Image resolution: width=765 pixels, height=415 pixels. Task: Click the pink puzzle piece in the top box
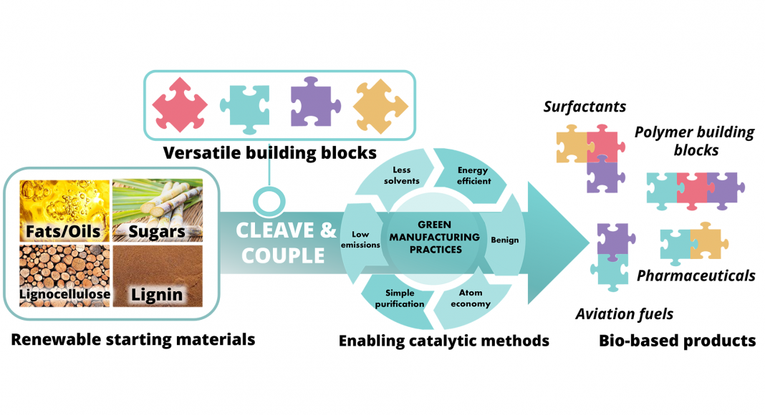(x=180, y=104)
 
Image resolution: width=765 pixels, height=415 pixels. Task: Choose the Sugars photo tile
(x=158, y=210)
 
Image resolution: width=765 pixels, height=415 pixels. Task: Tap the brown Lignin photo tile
(x=158, y=275)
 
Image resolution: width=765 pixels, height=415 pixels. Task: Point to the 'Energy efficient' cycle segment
(x=473, y=175)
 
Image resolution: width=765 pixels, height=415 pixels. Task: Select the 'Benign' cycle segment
(x=504, y=240)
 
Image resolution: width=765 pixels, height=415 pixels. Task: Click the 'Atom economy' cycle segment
(x=471, y=298)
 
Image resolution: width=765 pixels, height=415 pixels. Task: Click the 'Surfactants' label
(x=584, y=107)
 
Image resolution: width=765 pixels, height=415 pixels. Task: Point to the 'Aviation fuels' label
(x=625, y=314)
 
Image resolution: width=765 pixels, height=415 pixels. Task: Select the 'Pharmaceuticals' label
(x=696, y=275)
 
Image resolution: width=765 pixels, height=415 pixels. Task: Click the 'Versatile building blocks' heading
(x=269, y=152)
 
